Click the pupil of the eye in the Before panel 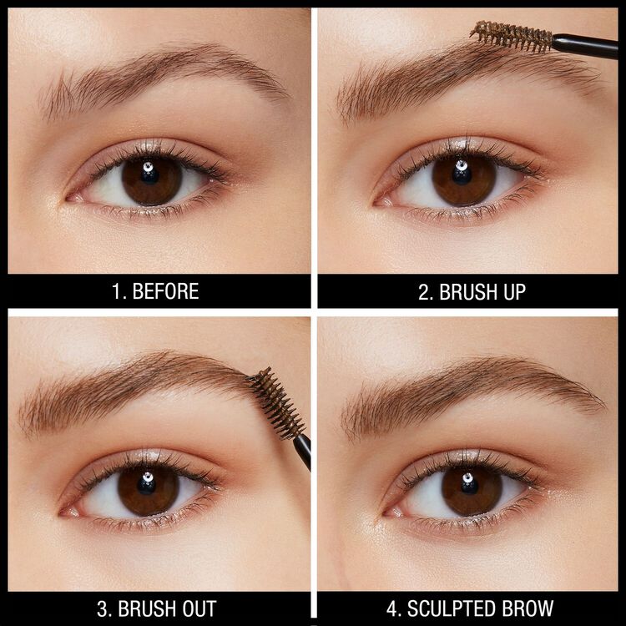(150, 179)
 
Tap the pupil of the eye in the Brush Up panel (463, 179)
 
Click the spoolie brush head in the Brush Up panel (511, 36)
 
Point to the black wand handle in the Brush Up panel (588, 46)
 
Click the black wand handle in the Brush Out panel (302, 449)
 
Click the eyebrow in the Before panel (159, 75)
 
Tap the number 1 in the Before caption (116, 291)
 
